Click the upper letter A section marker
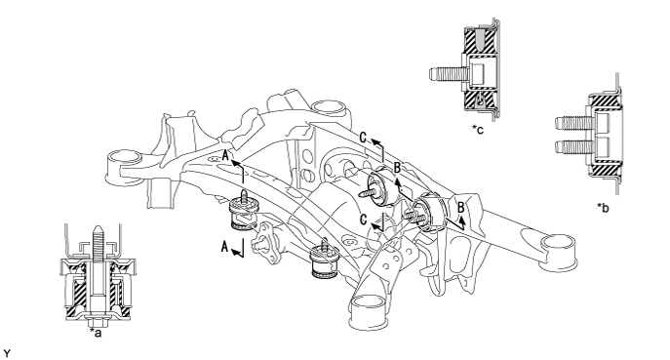tap(225, 154)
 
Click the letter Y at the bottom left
tap(6, 354)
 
